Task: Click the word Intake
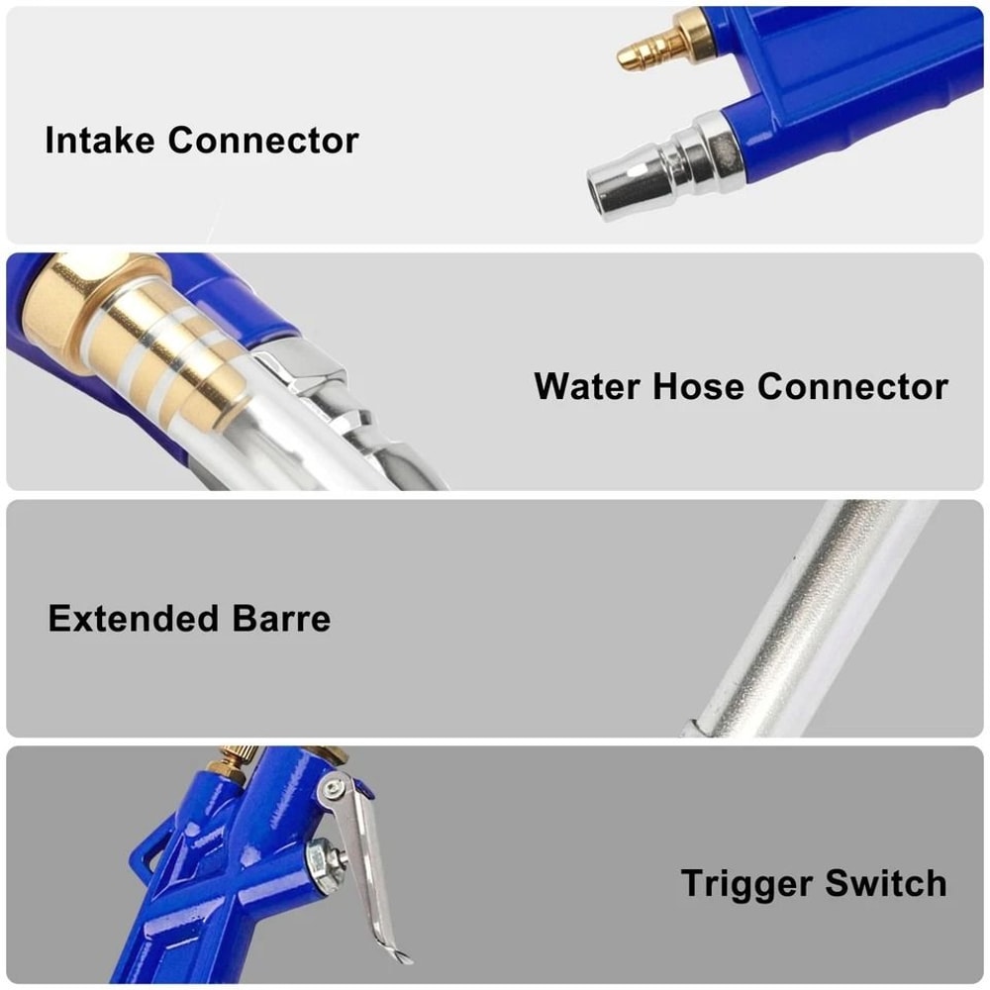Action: (100, 140)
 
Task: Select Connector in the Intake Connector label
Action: (262, 140)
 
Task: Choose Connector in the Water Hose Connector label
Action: (852, 386)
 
